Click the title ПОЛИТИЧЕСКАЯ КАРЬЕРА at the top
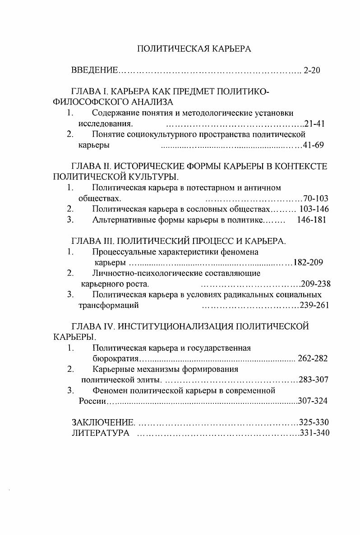194,49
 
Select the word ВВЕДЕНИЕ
95,71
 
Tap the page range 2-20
312,71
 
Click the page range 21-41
314,123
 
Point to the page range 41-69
314,145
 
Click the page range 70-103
316,198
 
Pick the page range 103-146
314,209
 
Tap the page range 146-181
311,220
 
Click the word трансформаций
108,306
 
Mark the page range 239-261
315,306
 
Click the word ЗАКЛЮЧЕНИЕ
103,422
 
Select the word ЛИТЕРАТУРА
101,433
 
